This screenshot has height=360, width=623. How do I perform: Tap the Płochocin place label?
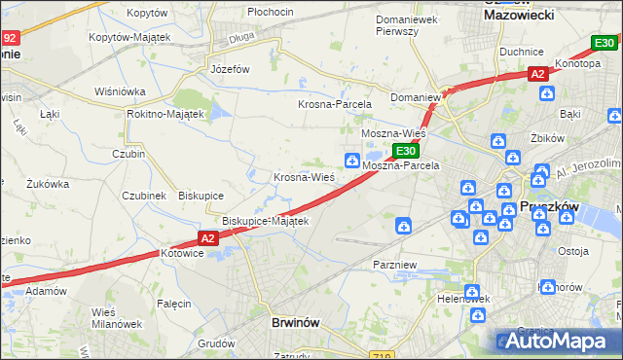(271, 12)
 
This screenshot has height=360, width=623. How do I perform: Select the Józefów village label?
(231, 70)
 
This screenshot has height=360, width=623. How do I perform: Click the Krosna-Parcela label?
(330, 103)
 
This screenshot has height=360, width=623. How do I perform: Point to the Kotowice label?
(183, 253)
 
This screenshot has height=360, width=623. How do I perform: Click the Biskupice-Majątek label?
(266, 221)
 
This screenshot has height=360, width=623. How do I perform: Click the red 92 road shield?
(10, 39)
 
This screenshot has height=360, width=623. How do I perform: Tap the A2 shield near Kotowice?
(208, 238)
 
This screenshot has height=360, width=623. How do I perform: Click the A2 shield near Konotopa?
(537, 74)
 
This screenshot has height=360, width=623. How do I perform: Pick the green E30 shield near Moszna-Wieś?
(406, 151)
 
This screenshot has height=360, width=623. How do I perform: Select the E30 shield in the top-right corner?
(605, 43)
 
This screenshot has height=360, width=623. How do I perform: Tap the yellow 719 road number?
(382, 356)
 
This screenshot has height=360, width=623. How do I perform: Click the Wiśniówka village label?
(120, 91)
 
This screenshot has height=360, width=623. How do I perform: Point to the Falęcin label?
(174, 304)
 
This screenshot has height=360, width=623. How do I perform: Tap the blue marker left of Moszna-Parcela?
(350, 160)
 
